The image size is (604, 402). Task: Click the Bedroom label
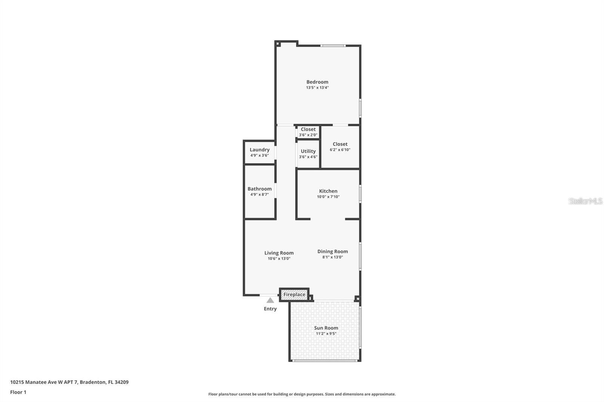click(x=317, y=82)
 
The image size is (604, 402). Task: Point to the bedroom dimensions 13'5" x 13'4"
click(x=317, y=87)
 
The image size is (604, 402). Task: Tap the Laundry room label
click(x=259, y=150)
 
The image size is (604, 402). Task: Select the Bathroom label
click(x=259, y=189)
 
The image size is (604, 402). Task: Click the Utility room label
click(x=308, y=151)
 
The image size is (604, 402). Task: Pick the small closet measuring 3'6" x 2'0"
click(x=308, y=132)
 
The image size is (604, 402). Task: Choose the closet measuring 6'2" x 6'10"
click(x=340, y=147)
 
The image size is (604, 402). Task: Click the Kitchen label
click(x=328, y=191)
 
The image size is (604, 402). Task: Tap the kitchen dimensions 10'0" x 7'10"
click(x=328, y=197)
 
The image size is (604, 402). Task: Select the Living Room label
click(x=279, y=253)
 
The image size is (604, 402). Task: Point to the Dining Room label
click(x=332, y=252)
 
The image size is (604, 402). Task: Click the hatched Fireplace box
click(x=294, y=295)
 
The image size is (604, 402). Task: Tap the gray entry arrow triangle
click(x=270, y=301)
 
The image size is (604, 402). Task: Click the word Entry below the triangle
click(x=270, y=309)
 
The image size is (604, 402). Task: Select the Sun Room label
click(x=326, y=328)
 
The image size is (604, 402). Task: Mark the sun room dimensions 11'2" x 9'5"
click(x=326, y=334)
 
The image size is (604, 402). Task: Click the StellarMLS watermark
click(x=585, y=201)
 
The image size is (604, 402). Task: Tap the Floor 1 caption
click(x=18, y=392)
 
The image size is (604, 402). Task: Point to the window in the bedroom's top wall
click(x=333, y=46)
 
